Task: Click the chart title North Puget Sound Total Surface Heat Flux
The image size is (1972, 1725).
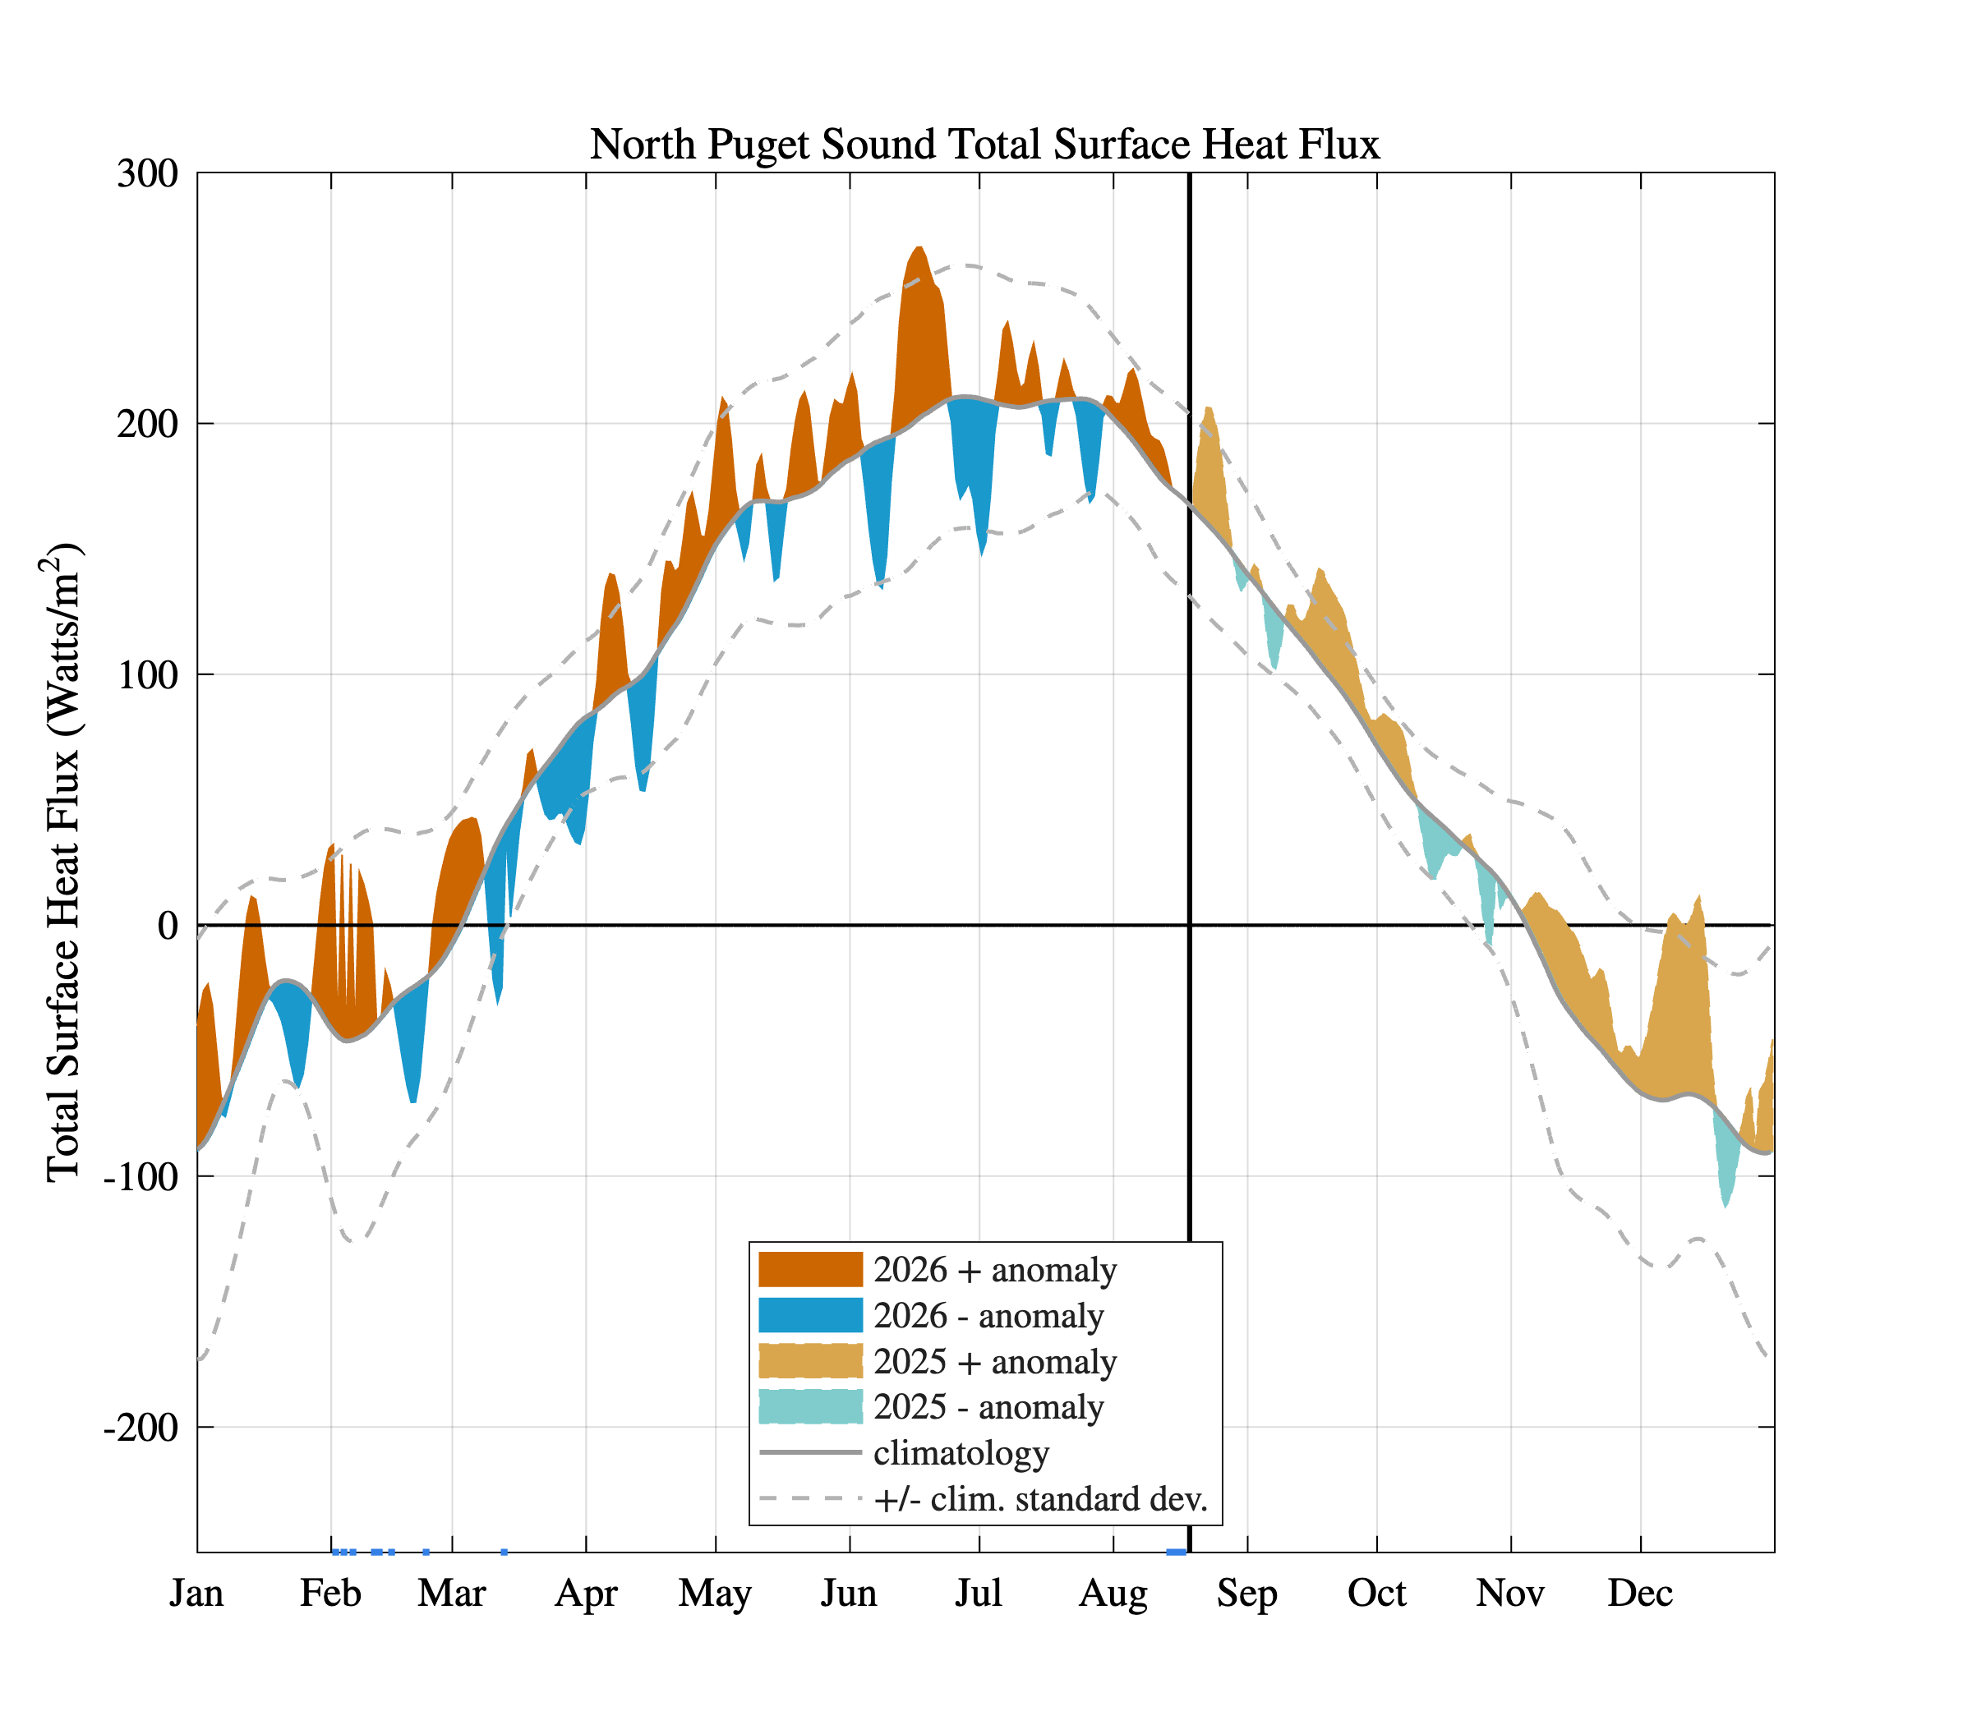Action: [x=985, y=145]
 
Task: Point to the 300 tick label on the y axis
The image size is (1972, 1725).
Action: [x=147, y=174]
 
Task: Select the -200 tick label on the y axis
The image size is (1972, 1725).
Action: [x=141, y=1427]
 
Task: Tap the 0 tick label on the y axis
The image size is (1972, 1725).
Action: [x=168, y=925]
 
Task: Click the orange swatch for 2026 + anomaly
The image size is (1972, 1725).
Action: [x=810, y=1270]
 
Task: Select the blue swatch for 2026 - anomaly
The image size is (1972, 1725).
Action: [x=810, y=1316]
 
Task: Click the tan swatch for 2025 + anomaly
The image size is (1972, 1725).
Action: [x=810, y=1361]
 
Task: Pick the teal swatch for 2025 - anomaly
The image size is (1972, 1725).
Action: [x=810, y=1406]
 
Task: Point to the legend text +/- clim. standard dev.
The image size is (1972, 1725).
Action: [x=1041, y=1499]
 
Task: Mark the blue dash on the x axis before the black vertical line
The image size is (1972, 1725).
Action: [x=1176, y=1552]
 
